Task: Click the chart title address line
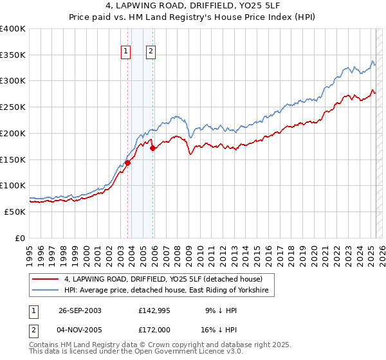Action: tap(193, 8)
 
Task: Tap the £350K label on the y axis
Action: tap(13, 55)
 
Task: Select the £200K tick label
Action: tap(13, 133)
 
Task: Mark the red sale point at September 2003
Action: tap(128, 163)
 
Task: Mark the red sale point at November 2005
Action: tap(152, 148)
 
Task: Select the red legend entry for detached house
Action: tap(163, 279)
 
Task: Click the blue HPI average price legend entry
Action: tap(169, 291)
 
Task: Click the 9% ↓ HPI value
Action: tap(219, 310)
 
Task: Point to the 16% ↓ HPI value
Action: tap(219, 329)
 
